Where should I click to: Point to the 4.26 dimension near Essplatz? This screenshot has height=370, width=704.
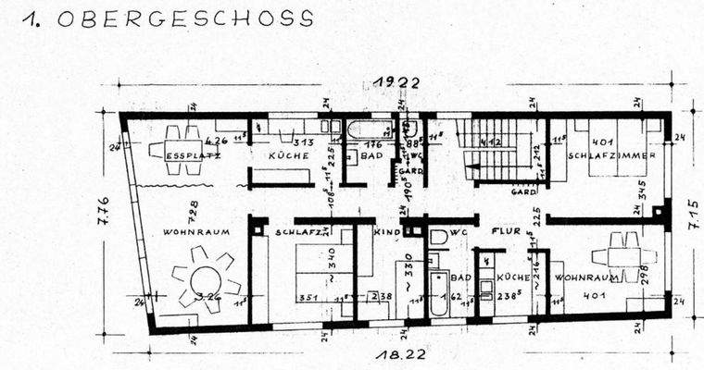coord(217,142)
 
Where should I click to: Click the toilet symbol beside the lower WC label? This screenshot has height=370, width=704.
coord(439,237)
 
